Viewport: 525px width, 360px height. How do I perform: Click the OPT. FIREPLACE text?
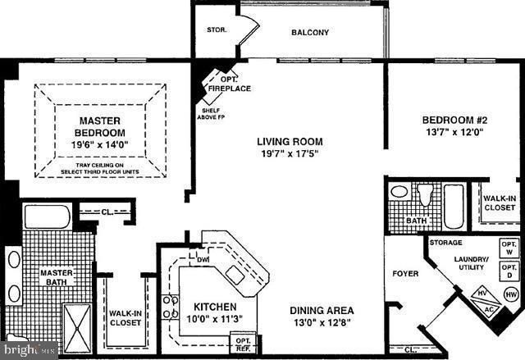pos(230,84)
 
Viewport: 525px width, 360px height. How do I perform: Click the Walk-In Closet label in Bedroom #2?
pos(499,203)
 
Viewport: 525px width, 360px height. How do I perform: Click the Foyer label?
pos(405,273)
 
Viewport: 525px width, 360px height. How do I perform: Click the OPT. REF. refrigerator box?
pos(244,344)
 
